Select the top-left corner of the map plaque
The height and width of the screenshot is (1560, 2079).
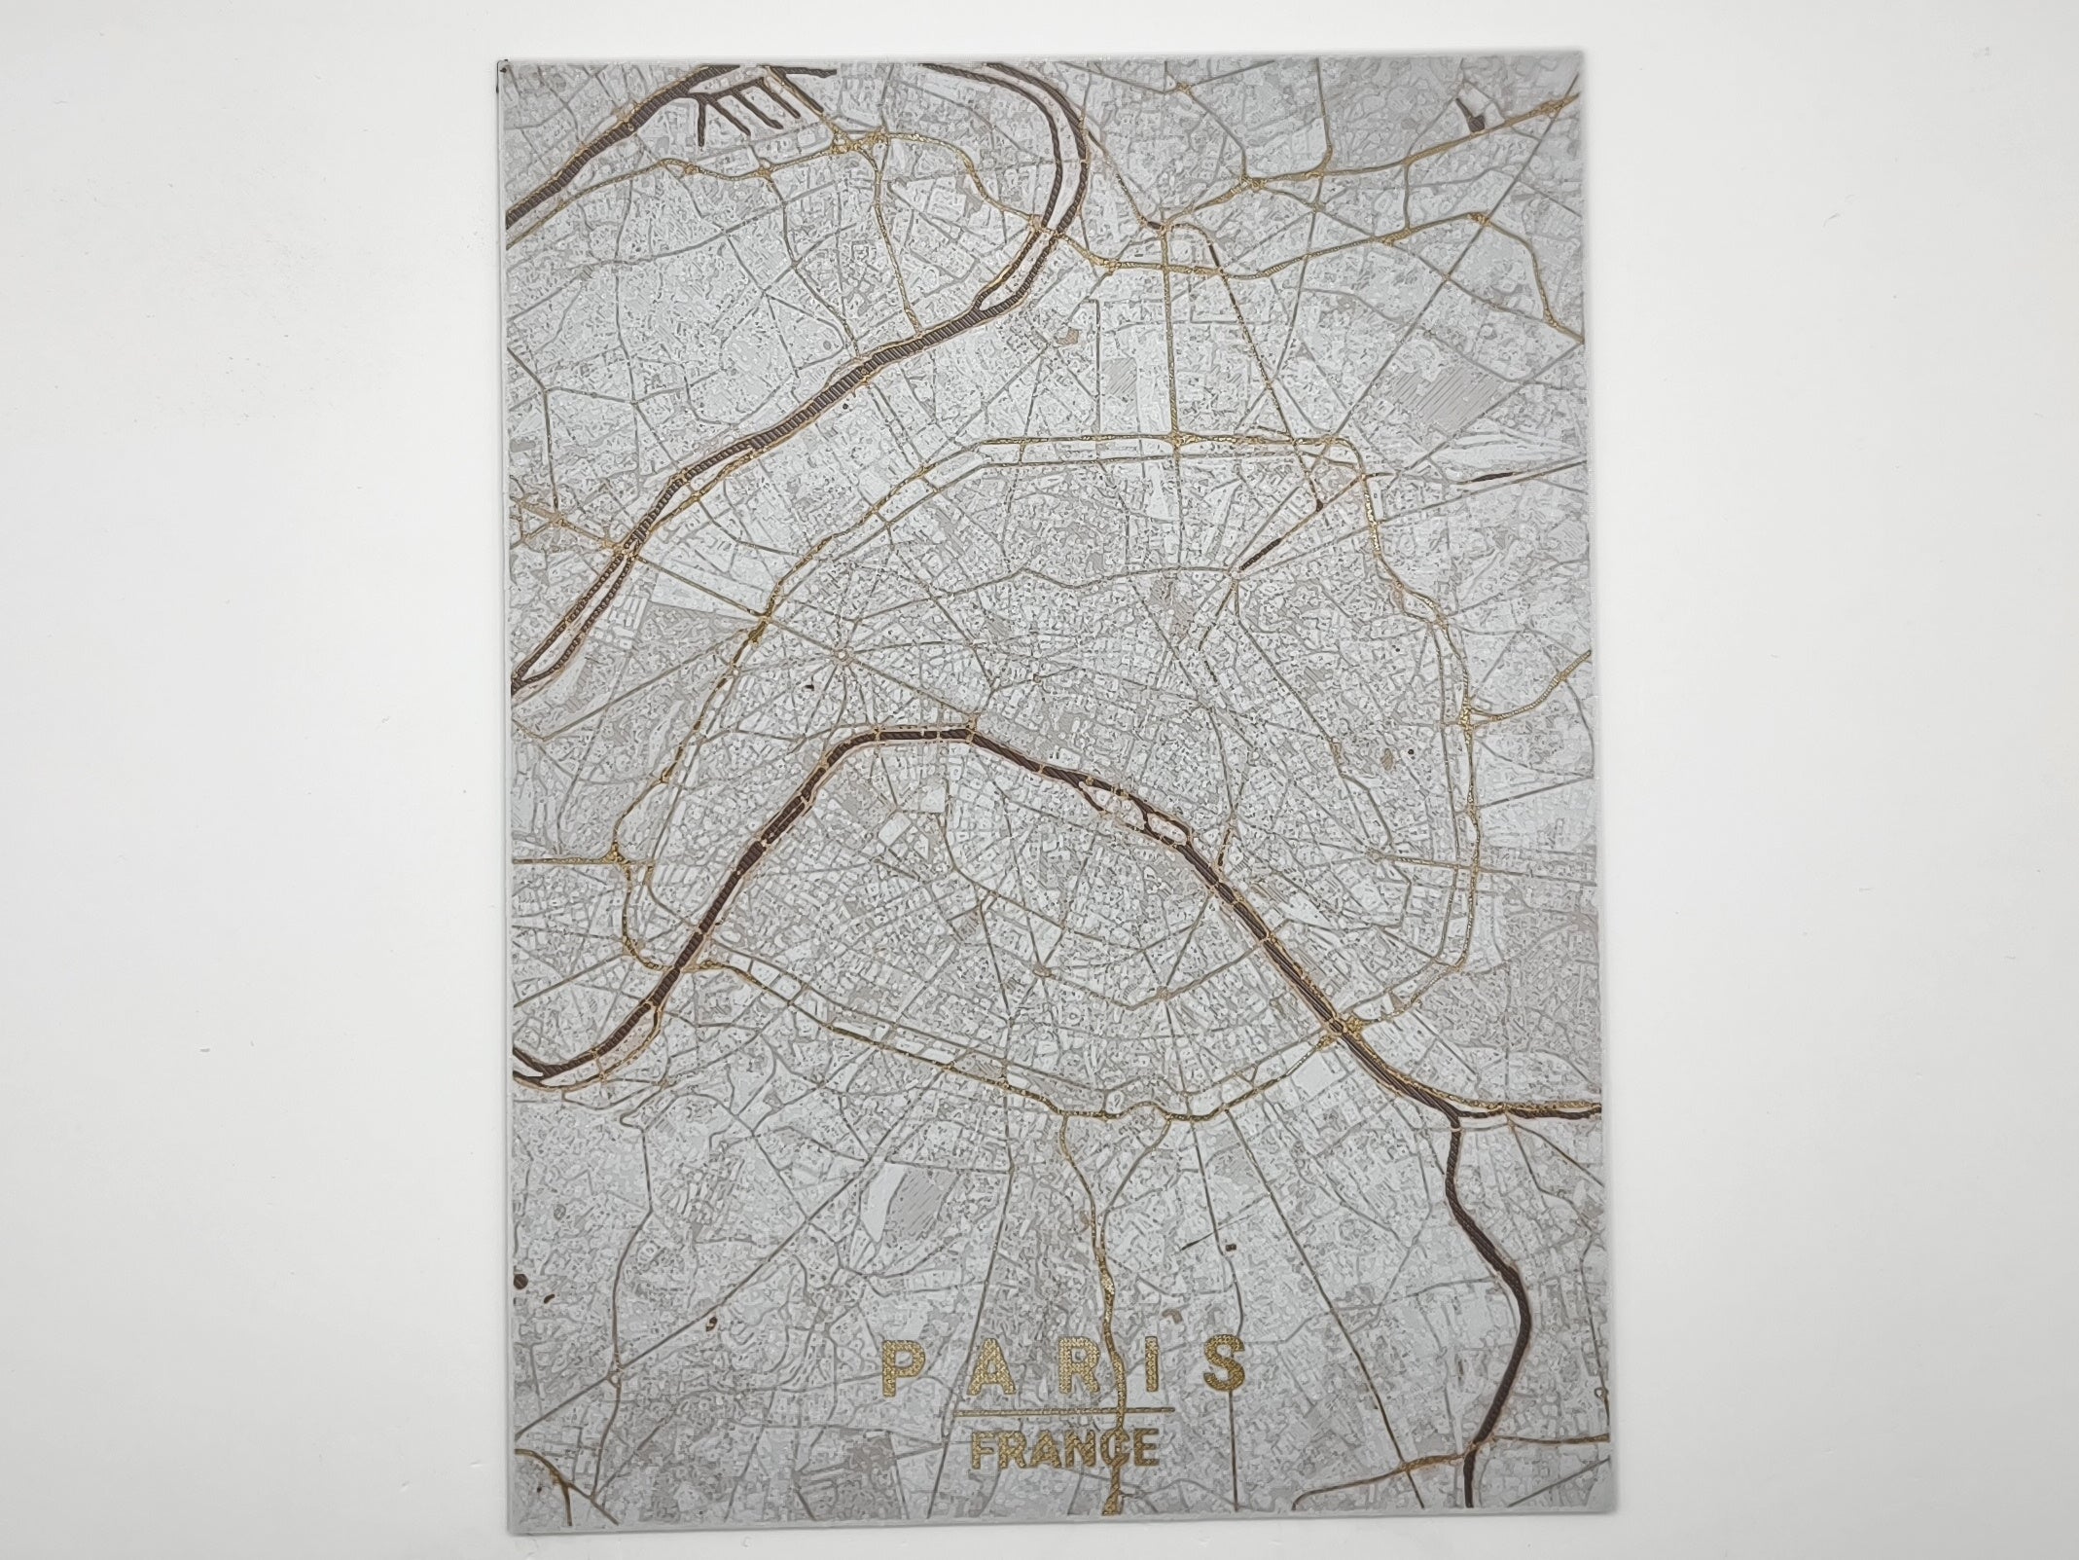click(x=498, y=60)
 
